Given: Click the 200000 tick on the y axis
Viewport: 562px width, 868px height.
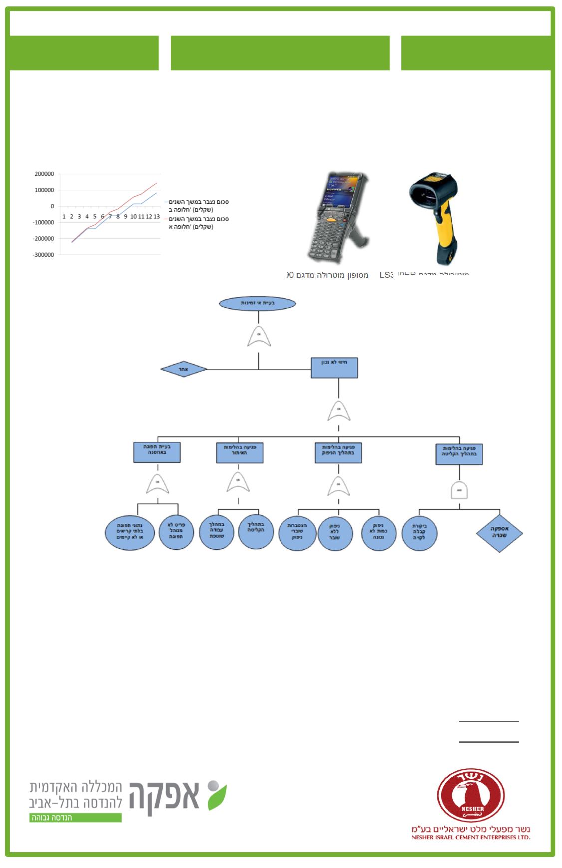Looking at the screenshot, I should coord(44,174).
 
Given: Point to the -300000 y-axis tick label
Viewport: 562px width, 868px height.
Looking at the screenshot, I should coord(44,255).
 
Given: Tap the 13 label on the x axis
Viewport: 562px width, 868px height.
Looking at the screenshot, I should coord(156,217).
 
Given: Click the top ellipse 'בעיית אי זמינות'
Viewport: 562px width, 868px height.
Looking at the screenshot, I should coord(258,303).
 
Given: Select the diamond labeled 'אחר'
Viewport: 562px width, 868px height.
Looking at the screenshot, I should coord(184,370).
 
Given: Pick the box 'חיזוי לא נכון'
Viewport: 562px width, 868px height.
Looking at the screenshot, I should coord(334,368).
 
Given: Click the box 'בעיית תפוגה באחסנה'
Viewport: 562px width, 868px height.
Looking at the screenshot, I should coord(157,452).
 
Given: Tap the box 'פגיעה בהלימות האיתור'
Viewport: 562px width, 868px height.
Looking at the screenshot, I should coord(240,452).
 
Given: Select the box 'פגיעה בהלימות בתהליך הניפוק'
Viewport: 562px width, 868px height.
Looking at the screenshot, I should coord(338,452).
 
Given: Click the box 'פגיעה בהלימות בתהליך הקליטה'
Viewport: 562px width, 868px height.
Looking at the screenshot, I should coord(459,454).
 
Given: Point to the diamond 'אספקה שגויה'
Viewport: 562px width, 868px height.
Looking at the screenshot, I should coord(499,534).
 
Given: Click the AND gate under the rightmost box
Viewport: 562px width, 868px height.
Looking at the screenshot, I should coord(459,490).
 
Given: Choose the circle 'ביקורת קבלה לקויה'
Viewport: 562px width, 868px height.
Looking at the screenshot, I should coord(420,533).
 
